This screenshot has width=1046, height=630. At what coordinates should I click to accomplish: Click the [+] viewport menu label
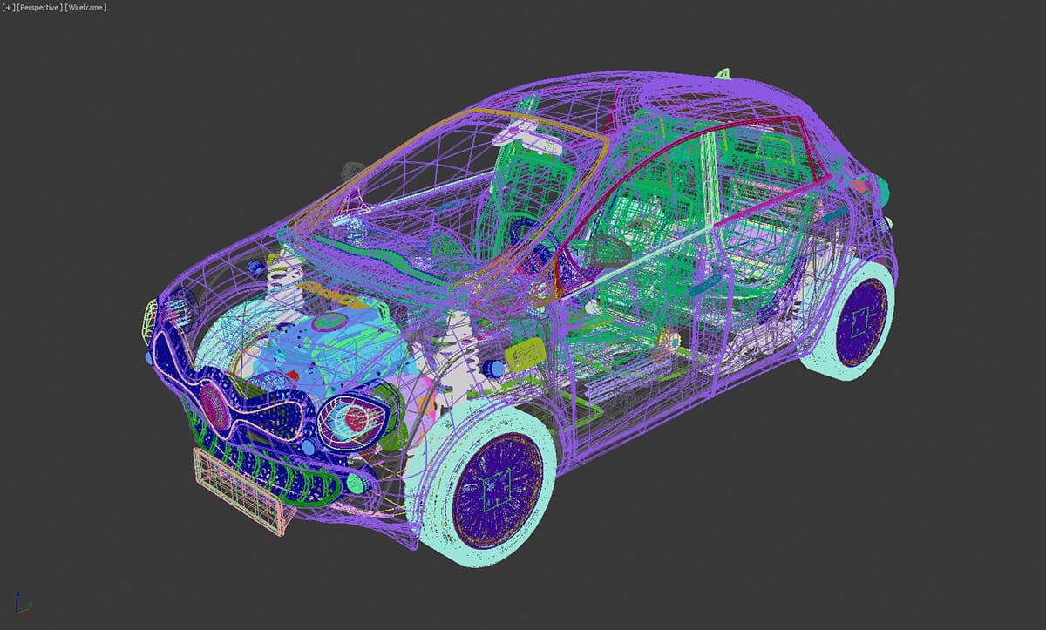9,8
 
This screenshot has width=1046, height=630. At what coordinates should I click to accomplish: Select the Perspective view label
40,8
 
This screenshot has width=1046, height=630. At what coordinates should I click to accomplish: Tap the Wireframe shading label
86,8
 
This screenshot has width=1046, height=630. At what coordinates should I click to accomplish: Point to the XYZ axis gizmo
24,603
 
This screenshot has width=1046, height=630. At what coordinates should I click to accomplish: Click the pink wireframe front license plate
244,489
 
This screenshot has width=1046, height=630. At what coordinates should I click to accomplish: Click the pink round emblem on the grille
214,404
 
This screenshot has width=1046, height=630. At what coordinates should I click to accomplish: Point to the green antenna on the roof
723,73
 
